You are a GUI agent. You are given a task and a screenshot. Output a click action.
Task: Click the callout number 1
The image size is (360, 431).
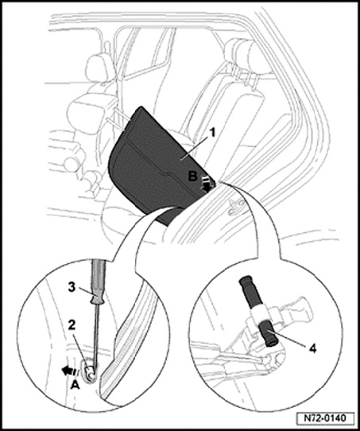(212, 134)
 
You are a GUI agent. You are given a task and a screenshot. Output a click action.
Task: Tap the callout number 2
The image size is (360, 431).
(72, 326)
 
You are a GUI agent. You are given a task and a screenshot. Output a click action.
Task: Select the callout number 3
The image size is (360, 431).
(72, 288)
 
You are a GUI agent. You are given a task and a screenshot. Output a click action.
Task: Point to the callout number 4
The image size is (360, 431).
(312, 348)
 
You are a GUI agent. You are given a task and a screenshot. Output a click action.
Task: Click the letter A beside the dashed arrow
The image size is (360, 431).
(75, 386)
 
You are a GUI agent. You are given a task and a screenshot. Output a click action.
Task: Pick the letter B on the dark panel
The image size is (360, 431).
(193, 177)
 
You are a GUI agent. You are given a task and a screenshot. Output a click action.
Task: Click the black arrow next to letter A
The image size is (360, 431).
(70, 371)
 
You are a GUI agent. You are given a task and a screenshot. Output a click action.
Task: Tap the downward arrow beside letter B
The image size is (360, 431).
(207, 184)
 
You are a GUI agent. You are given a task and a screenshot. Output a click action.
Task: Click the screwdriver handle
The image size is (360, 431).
(98, 282)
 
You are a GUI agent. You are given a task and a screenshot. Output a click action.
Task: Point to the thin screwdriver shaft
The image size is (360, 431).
(96, 336)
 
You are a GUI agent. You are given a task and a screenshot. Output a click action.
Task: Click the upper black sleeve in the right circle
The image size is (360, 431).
(250, 291)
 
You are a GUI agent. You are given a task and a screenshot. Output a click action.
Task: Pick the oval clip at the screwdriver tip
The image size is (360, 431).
(89, 371)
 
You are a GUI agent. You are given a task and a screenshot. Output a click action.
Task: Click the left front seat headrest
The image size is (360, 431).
(98, 68)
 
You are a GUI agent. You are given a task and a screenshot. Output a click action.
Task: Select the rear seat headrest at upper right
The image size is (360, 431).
(242, 53)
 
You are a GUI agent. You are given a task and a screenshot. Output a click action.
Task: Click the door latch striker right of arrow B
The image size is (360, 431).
(235, 207)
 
